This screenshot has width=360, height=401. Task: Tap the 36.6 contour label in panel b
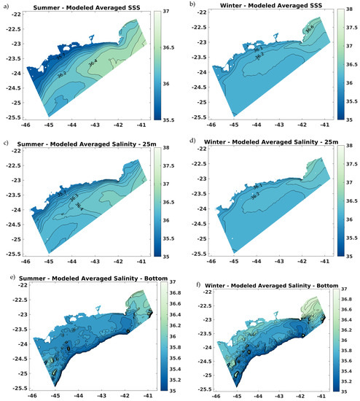point(308,28)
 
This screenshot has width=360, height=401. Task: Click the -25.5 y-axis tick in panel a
point(12,117)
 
